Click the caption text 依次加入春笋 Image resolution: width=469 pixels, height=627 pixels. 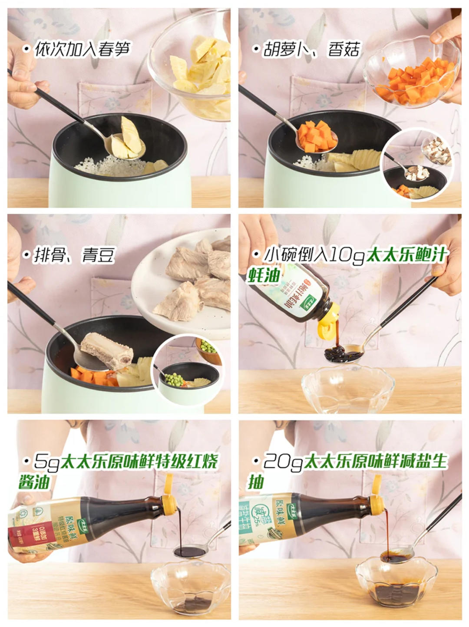pos(83,49)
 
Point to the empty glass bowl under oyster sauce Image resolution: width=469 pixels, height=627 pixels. pos(347,389)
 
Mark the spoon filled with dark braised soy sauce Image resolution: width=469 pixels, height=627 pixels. pos(190,552)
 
